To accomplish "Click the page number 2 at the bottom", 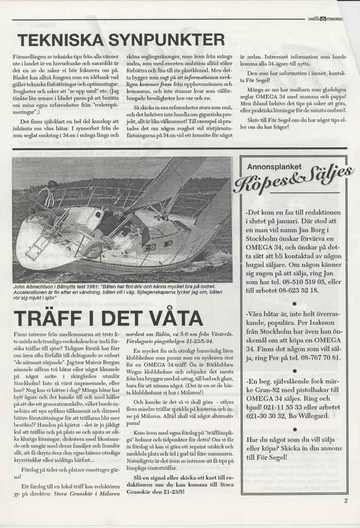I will coord(346,499).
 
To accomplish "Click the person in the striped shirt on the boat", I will coord(46,198).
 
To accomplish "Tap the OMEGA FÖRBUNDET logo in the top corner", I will coord(325,19).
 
